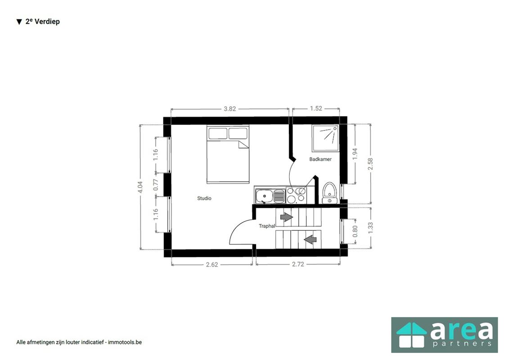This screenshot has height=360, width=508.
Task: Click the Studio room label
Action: pos(204,198)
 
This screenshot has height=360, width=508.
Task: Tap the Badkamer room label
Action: pos(320,159)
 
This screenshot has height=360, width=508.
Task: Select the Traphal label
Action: pos(267,226)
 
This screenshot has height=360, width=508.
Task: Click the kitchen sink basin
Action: pos(263,196)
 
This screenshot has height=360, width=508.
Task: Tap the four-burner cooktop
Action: pos(297,195)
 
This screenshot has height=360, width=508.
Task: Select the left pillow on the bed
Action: pos(217,134)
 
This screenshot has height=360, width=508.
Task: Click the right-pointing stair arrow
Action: pos(286,217)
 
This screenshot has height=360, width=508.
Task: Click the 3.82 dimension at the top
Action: pos(230,108)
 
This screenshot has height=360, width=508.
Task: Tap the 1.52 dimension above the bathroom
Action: pos(316,108)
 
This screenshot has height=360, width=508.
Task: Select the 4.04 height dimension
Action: pos(140,187)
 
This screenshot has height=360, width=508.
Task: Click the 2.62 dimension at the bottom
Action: pos(212,265)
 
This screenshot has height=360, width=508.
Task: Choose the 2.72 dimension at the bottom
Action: pos(298,264)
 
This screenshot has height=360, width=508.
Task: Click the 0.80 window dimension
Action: pos(355,231)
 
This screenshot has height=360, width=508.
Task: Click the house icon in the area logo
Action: pos(411,335)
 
